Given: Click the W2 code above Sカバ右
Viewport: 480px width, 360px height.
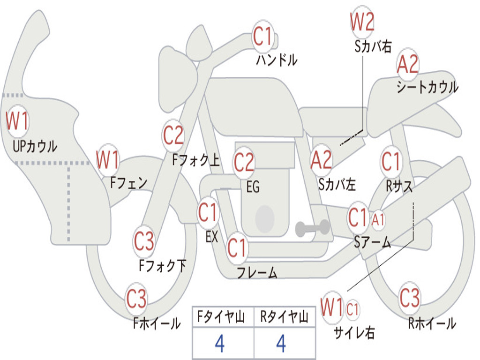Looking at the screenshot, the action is [362, 22].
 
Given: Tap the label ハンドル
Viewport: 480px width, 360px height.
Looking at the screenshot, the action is [277, 60].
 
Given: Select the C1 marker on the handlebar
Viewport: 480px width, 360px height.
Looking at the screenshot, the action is [262, 36].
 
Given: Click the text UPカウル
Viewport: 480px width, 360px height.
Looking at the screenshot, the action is [35, 146].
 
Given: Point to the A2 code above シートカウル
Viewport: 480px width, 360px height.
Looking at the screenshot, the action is [407, 64].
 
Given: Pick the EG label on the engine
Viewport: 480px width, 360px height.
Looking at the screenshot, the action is [253, 187].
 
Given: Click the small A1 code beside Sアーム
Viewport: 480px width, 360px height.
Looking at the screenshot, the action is [378, 220].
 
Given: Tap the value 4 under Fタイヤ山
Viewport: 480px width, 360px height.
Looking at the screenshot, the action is [220, 344].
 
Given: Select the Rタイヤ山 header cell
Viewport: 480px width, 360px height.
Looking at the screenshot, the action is [285, 317].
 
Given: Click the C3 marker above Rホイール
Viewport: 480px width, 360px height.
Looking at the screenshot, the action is [410, 298].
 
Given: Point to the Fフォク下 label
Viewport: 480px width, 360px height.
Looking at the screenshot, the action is [163, 265].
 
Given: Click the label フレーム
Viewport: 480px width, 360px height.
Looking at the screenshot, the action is [257, 272].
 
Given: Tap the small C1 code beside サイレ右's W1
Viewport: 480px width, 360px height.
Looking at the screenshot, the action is [352, 309].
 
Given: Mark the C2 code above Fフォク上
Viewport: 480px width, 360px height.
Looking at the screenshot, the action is [173, 135].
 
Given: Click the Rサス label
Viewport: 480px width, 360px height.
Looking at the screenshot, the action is [399, 186].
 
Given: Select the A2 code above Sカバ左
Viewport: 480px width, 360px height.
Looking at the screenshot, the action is [321, 160].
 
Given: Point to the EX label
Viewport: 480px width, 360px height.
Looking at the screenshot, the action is [212, 237].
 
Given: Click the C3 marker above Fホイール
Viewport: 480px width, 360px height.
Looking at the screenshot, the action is [136, 298].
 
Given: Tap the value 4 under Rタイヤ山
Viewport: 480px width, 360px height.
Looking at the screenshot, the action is [281, 344].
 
